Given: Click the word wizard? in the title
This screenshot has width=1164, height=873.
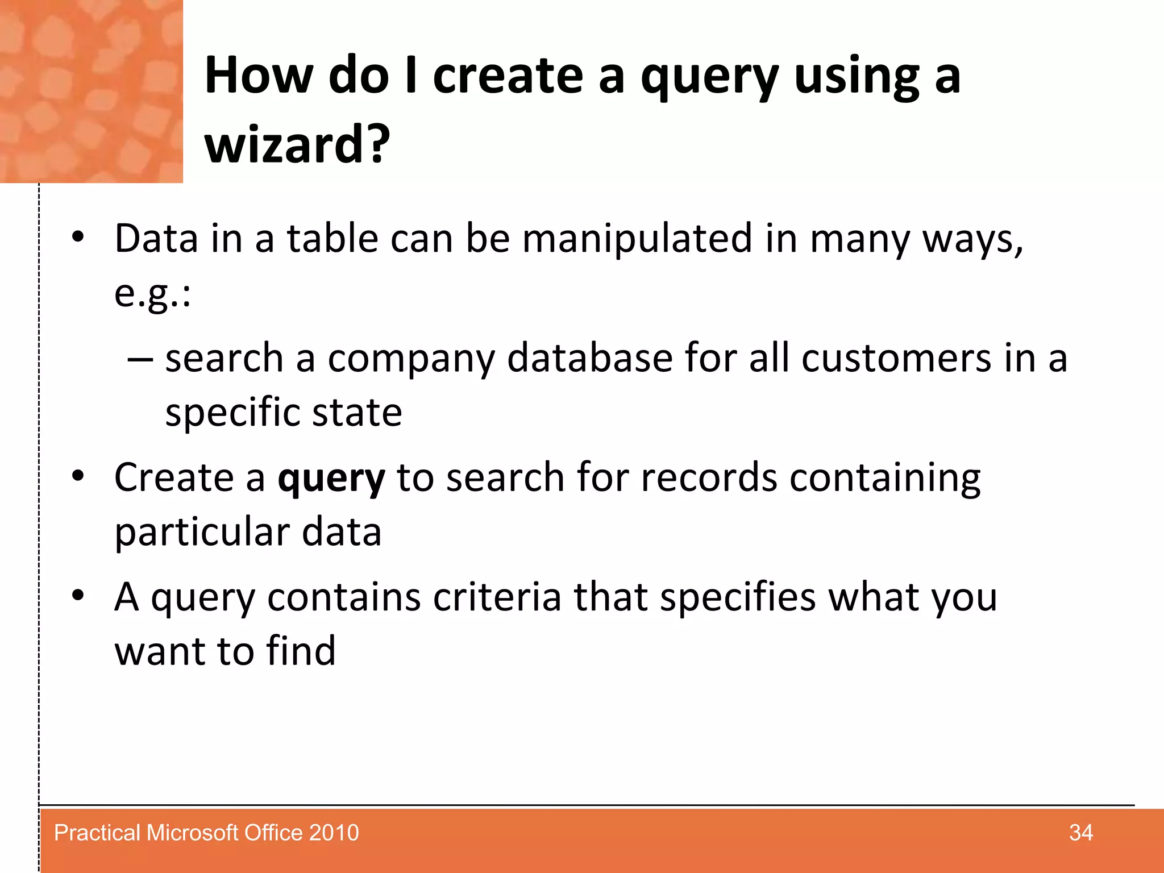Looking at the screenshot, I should pyautogui.click(x=297, y=144).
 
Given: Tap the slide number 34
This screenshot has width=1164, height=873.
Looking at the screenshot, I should pyautogui.click(x=1080, y=833).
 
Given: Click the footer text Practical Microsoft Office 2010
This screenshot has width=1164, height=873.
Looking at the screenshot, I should pyautogui.click(x=206, y=833).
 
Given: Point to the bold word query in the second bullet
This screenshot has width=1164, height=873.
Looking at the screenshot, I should pyautogui.click(x=331, y=478).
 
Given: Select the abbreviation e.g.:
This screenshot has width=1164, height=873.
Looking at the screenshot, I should pyautogui.click(x=152, y=294).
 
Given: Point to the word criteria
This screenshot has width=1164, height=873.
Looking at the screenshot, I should pyautogui.click(x=497, y=597).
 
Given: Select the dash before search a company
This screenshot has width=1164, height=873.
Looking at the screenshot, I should pyautogui.click(x=140, y=359).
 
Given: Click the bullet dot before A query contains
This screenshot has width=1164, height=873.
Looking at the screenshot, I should pyautogui.click(x=78, y=595).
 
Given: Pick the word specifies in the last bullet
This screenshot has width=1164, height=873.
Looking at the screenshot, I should pyautogui.click(x=737, y=597).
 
